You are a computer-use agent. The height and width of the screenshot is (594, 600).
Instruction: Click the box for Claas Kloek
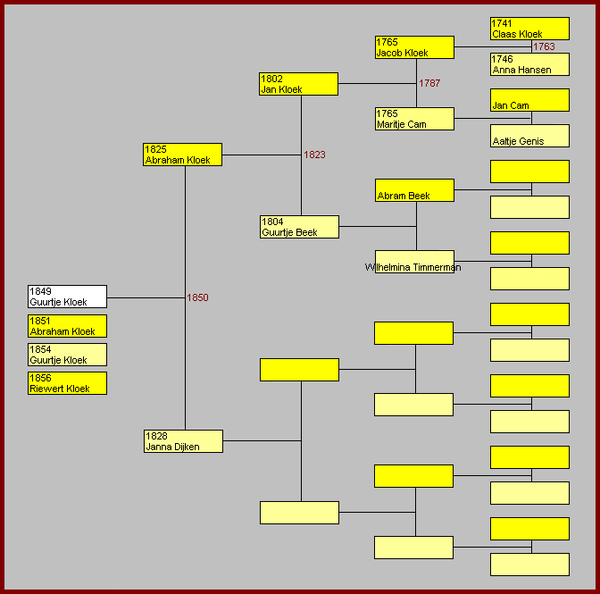[x=529, y=29]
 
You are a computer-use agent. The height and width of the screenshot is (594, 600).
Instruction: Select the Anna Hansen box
[x=529, y=64]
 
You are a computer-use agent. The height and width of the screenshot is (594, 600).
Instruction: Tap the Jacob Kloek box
[x=414, y=47]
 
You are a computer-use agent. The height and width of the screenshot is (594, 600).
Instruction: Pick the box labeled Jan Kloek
[x=298, y=84]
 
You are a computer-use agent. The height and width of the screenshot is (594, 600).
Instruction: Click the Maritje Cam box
[x=414, y=119]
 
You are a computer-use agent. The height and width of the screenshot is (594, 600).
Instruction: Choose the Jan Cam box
[x=529, y=100]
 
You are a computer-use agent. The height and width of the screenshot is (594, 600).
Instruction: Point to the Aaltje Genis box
[x=529, y=136]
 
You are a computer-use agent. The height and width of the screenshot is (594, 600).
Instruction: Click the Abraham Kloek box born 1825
[x=182, y=155]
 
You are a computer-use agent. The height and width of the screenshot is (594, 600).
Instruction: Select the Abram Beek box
[x=414, y=190]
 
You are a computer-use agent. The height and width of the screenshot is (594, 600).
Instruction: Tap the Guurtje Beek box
[x=299, y=227]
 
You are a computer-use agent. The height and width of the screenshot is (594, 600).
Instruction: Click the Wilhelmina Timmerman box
[x=414, y=262]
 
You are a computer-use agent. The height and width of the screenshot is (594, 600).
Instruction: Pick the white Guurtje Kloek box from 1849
[x=67, y=297]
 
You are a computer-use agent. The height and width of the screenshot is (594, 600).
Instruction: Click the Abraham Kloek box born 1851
[x=67, y=326]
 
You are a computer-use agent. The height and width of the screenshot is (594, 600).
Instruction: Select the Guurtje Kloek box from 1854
[x=67, y=355]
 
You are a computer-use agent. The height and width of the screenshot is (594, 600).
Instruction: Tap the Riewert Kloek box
[x=67, y=383]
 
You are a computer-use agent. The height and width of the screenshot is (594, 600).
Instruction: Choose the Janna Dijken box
[x=183, y=441]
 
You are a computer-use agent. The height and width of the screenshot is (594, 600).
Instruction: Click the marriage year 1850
[x=197, y=297]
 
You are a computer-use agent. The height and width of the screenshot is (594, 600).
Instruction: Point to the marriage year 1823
[x=314, y=155]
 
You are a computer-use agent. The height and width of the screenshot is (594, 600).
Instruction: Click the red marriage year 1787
[x=429, y=83]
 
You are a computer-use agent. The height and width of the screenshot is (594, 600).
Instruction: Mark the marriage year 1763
[x=544, y=46]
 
